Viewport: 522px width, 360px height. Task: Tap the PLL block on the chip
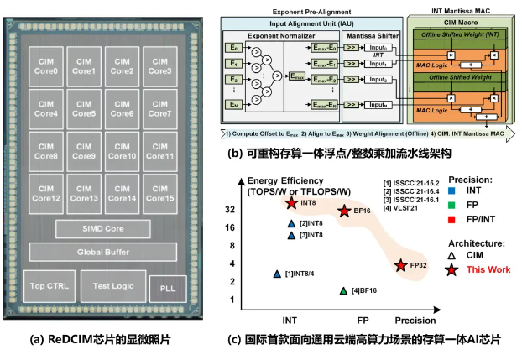[164, 290]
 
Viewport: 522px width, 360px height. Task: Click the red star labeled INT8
[291, 202]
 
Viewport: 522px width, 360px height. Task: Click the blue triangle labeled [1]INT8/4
[278, 274]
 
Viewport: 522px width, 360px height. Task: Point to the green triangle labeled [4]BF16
[343, 290]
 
